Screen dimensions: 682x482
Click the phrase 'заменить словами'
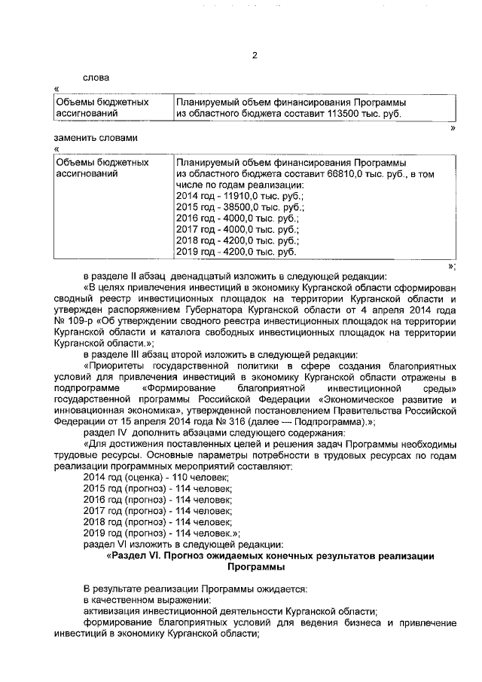pyautogui.click(x=96, y=138)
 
